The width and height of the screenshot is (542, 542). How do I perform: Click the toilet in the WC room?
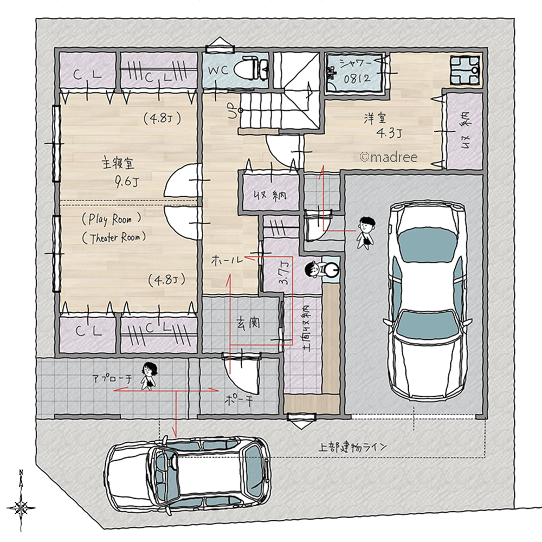point(251,69)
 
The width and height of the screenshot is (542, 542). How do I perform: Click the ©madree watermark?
point(389,157)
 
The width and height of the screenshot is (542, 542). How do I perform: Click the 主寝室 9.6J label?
point(120,171)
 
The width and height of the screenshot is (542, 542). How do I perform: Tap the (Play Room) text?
point(112,220)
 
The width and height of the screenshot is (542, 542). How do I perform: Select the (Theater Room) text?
point(114,237)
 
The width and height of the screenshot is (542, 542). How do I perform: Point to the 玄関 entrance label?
point(249,324)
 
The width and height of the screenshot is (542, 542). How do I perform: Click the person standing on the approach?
point(148,376)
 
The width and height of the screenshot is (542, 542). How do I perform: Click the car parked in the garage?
point(427,301)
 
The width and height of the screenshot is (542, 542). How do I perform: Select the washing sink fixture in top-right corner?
point(464,71)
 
